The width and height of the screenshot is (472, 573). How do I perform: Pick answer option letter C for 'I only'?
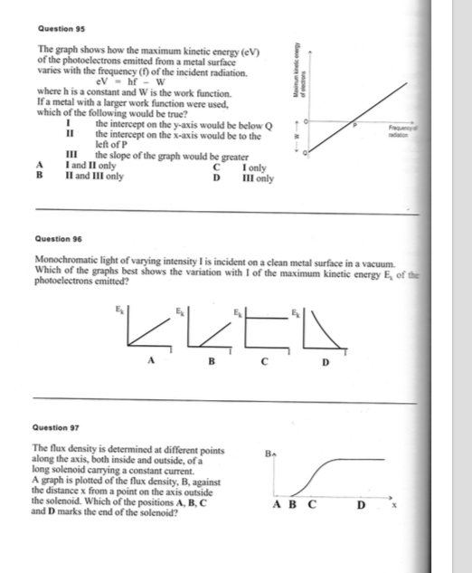[x=216, y=167]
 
